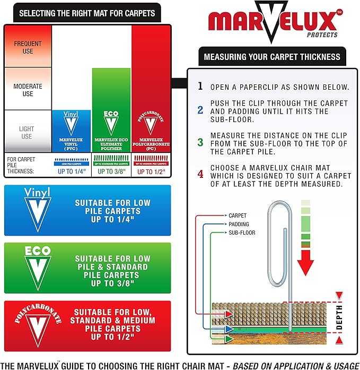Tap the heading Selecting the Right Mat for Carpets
(87, 13)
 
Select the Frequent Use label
(27, 47)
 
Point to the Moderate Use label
(27, 90)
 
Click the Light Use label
(27, 133)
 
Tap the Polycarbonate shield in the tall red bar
(151, 123)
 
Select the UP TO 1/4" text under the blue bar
(71, 172)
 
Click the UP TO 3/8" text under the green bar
(111, 172)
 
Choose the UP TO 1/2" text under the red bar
(151, 172)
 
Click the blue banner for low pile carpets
(87, 210)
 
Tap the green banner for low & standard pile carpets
(87, 267)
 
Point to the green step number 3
(200, 142)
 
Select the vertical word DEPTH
(339, 317)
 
